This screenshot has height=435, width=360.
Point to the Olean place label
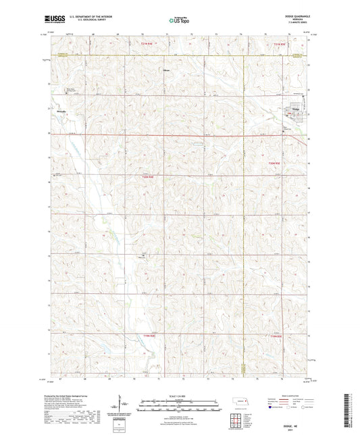[x=166, y=69]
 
